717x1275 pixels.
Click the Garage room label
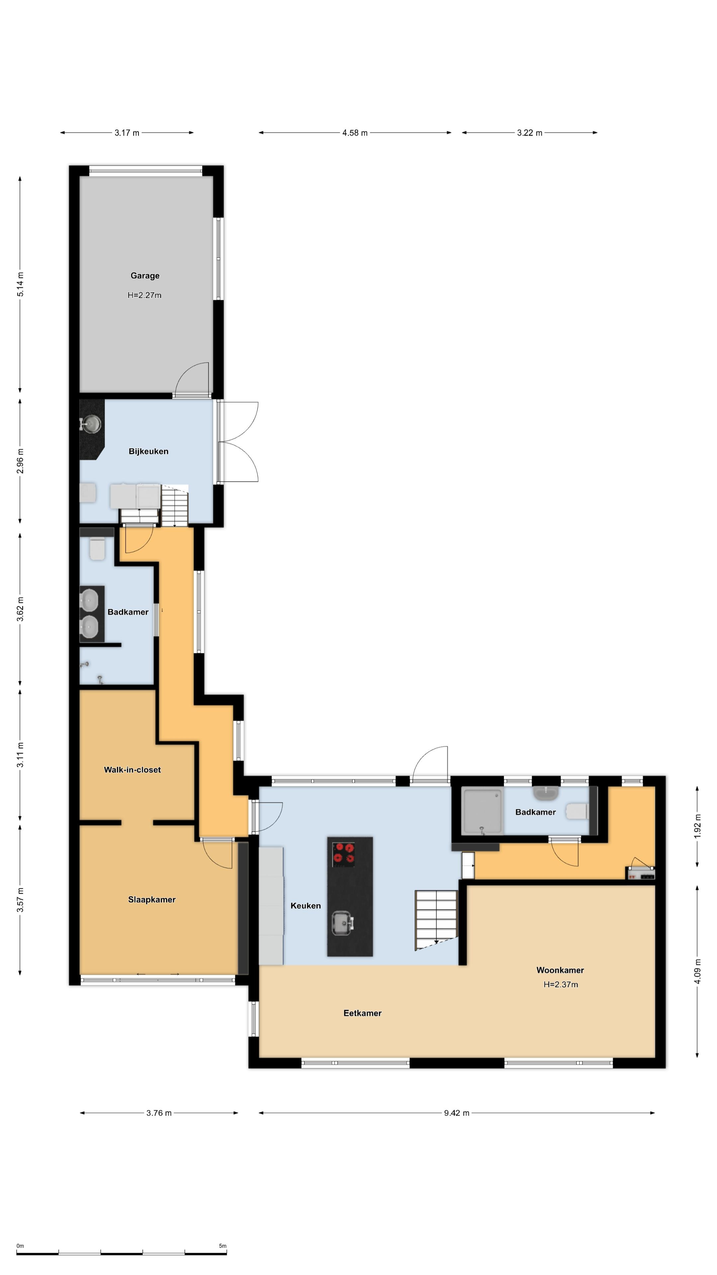tap(145, 276)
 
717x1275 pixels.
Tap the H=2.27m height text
tap(144, 295)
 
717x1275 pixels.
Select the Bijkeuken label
tap(148, 452)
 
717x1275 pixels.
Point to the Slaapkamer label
tap(152, 900)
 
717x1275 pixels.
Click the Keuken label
tap(305, 906)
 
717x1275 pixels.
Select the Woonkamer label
tap(560, 970)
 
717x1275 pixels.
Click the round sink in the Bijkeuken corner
tap(91, 424)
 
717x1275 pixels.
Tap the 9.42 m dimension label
tap(456, 1113)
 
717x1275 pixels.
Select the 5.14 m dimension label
tap(20, 285)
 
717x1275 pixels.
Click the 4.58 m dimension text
tap(355, 133)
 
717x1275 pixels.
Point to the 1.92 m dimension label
tap(697, 826)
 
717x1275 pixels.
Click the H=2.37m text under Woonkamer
tap(561, 984)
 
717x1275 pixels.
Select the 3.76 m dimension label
tap(159, 1113)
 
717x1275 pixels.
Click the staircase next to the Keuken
tap(436, 920)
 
